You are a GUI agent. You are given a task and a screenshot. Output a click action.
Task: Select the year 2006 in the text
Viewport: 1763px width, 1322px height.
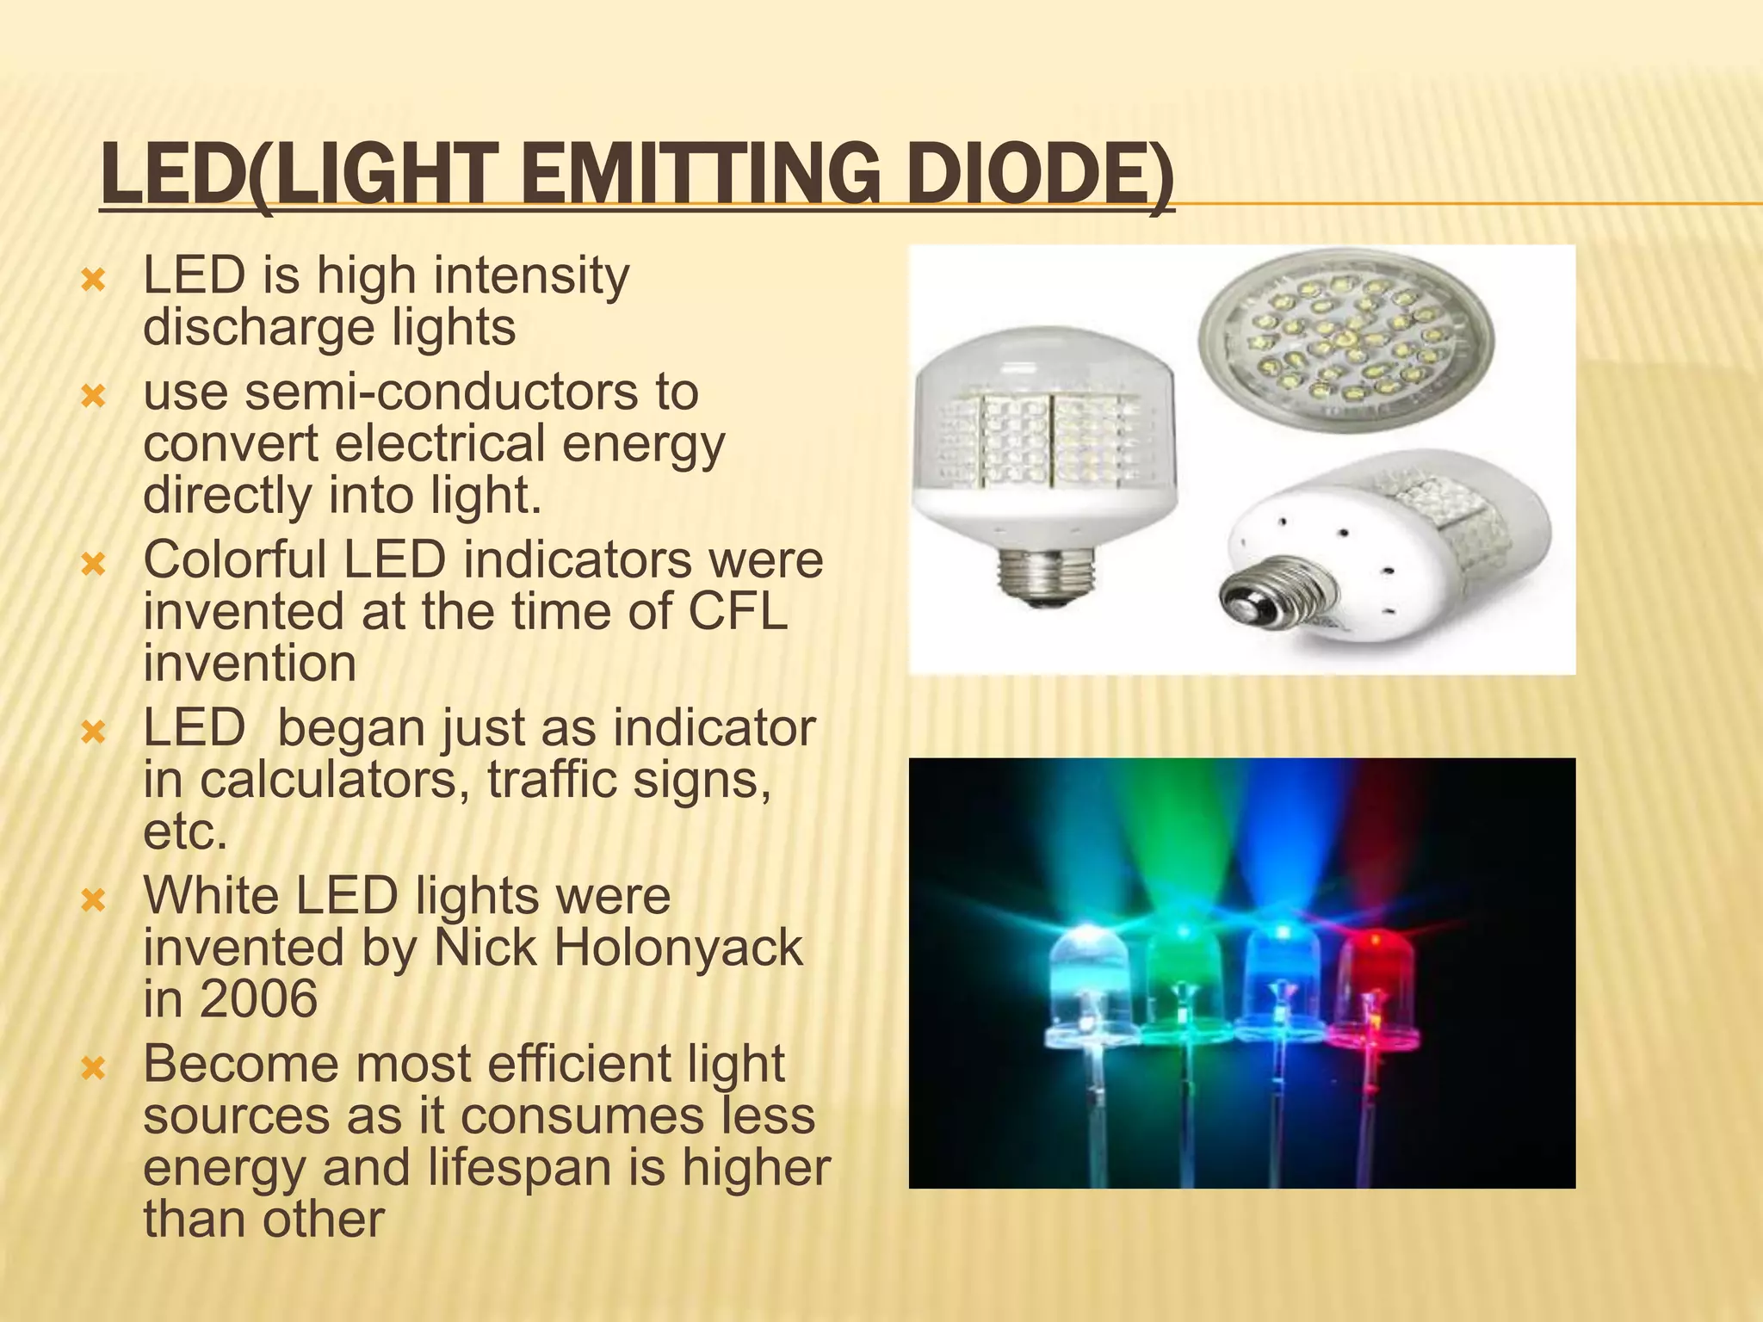[258, 999]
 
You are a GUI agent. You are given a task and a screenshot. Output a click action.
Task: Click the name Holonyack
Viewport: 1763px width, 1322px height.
[677, 948]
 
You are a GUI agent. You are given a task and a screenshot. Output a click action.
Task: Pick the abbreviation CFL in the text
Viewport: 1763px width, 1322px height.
[738, 612]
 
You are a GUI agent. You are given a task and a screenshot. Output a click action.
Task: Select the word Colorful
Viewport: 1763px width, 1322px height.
[235, 560]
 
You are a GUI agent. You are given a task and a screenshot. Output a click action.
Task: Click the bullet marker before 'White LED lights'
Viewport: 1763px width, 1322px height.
[92, 901]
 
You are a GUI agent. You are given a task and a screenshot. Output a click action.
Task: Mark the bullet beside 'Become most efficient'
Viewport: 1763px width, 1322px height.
[92, 1069]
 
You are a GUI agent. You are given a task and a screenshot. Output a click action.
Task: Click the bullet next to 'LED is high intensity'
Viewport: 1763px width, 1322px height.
[92, 281]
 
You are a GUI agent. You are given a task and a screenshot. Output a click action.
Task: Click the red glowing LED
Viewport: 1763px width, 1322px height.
[1374, 990]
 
